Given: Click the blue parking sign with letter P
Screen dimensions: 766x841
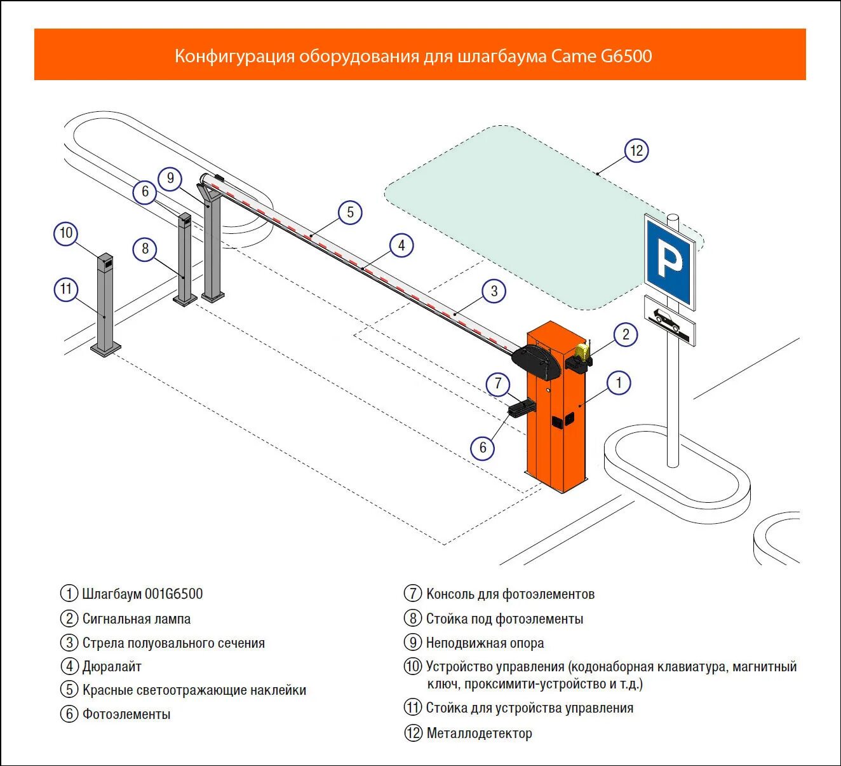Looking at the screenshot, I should click(x=669, y=261).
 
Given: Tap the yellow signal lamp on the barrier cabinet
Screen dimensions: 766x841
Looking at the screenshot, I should click(x=582, y=352).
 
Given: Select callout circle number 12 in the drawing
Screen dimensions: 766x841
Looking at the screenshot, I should click(x=636, y=151).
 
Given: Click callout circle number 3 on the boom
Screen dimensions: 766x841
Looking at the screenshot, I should click(x=494, y=291).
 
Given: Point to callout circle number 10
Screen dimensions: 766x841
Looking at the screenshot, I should click(x=66, y=233).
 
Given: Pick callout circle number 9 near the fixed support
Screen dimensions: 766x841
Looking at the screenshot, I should click(x=170, y=179).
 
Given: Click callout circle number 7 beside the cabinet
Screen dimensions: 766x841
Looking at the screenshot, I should click(x=498, y=384).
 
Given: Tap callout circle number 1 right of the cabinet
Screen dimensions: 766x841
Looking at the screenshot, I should click(x=619, y=383).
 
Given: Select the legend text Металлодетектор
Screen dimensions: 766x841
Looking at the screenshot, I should click(x=479, y=733).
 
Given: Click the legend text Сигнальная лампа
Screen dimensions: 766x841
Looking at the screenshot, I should click(x=137, y=619).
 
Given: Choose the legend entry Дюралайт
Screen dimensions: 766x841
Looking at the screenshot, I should click(x=112, y=666).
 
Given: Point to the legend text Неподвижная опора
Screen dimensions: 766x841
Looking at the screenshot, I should click(x=485, y=643).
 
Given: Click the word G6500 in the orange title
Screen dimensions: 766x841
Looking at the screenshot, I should click(x=626, y=56).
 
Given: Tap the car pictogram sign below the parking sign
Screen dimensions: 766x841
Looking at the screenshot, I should click(x=669, y=320).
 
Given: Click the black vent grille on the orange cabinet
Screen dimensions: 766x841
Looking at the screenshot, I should click(x=563, y=420).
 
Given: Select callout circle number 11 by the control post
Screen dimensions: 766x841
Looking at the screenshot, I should click(x=66, y=289).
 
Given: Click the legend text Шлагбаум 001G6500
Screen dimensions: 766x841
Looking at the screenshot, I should click(x=142, y=594).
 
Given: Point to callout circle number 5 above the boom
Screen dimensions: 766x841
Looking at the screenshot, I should click(x=350, y=212).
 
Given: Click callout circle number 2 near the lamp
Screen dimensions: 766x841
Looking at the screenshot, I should click(x=626, y=334).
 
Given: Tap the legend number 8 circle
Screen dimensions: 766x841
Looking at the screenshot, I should click(x=413, y=618).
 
